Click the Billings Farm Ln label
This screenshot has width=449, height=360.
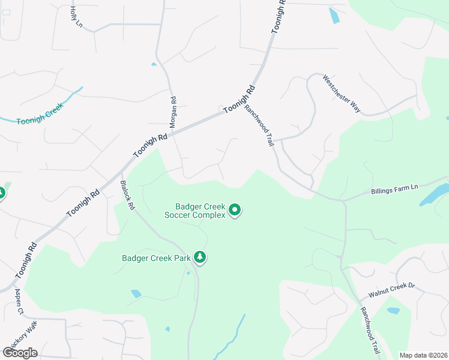[394, 188]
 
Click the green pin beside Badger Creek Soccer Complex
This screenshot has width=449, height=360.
[235, 210]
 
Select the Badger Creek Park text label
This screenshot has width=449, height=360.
[156, 259]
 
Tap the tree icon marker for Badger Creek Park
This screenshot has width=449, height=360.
[200, 258]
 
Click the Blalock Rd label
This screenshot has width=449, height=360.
[127, 194]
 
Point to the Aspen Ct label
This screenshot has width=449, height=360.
[20, 302]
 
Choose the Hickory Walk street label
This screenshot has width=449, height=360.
[32, 335]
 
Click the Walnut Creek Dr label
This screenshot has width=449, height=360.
[392, 290]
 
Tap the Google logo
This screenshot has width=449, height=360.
[20, 352]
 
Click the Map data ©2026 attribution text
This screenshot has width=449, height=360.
[423, 355]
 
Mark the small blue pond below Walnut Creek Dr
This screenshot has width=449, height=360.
[393, 311]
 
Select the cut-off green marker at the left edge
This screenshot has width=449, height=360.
[2, 193]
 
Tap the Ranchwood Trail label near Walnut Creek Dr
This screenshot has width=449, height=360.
[370, 330]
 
